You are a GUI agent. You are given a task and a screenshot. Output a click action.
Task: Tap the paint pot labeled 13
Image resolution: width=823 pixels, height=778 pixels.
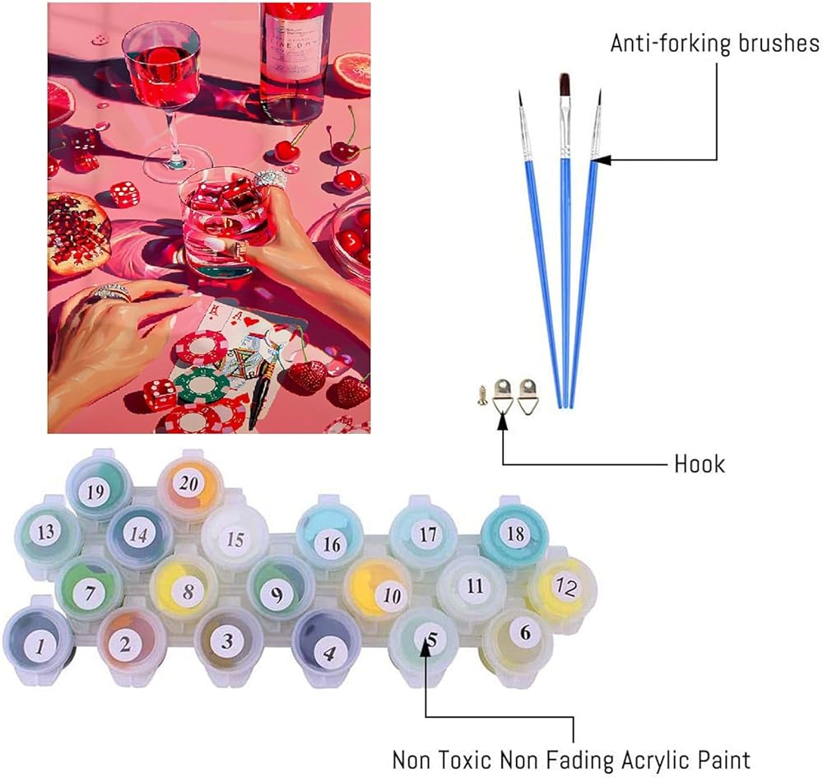pyautogui.click(x=46, y=532)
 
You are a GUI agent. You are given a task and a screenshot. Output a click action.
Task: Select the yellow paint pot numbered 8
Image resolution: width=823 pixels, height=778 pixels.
pyautogui.click(x=188, y=590)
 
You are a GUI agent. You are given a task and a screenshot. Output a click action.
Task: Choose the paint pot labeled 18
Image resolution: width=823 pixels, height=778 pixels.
pyautogui.click(x=514, y=533)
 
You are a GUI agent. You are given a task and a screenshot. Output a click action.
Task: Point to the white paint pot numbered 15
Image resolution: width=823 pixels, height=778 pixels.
pyautogui.click(x=235, y=539)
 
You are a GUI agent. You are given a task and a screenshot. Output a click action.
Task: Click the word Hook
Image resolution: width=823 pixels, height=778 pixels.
pyautogui.click(x=700, y=464)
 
